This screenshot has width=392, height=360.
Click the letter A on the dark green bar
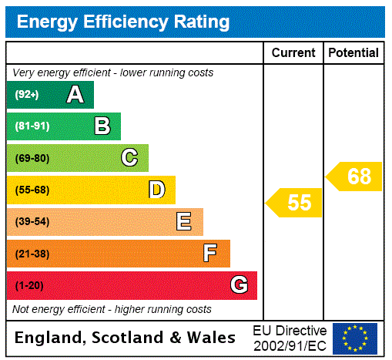pyautogui.click(x=75, y=95)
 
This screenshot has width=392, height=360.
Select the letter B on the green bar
pyautogui.click(x=102, y=126)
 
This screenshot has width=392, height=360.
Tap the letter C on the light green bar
pyautogui.click(x=129, y=158)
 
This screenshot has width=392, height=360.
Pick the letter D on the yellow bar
pyautogui.click(x=156, y=190)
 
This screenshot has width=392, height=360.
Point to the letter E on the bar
pyautogui.click(x=183, y=222)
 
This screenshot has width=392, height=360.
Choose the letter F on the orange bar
pyautogui.click(x=209, y=254)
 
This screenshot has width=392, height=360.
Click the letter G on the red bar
pyautogui.click(x=239, y=285)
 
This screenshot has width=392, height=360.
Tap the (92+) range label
pyautogui.click(x=27, y=95)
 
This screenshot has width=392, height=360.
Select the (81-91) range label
pyautogui.click(x=32, y=126)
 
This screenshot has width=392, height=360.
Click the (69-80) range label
pyautogui.click(x=32, y=158)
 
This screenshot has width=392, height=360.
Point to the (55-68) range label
pyautogui.click(x=32, y=190)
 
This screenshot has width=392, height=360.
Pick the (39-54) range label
pyautogui.click(x=32, y=222)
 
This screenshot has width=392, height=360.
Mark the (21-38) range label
pyautogui.click(x=32, y=254)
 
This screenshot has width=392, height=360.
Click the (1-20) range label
pyautogui.click(x=29, y=285)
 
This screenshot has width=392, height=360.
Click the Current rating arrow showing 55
pyautogui.click(x=295, y=203)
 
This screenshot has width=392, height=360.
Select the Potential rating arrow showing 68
pyautogui.click(x=355, y=177)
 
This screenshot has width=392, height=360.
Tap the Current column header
pyautogui.click(x=293, y=52)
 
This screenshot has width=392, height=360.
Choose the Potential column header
pyautogui.click(x=353, y=52)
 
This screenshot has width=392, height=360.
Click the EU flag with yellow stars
pyautogui.click(x=355, y=338)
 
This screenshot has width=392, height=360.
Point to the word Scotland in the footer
pyautogui.click(x=130, y=338)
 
